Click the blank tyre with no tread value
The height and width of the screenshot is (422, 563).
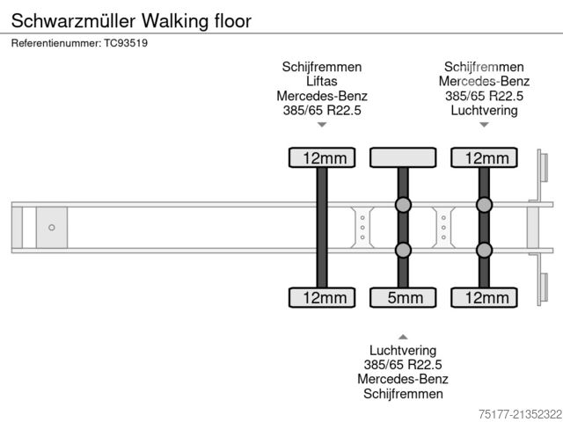point(403,157)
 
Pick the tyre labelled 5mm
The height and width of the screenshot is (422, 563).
point(403,298)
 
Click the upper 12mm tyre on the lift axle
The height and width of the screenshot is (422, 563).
point(322,158)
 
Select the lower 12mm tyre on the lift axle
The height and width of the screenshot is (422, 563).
point(322,298)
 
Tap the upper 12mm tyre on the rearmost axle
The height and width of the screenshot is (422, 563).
point(484,158)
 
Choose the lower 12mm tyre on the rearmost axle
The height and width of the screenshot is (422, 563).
point(484,298)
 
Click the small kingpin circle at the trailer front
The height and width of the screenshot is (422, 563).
point(52,228)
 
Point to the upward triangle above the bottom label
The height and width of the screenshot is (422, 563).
point(403,337)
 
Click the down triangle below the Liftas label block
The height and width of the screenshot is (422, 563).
point(322,125)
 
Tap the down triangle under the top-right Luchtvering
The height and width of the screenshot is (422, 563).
point(484,125)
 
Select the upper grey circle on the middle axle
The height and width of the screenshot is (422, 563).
point(403,205)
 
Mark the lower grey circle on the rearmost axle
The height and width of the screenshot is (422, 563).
point(484,251)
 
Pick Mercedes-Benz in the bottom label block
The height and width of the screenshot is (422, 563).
point(403,380)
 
